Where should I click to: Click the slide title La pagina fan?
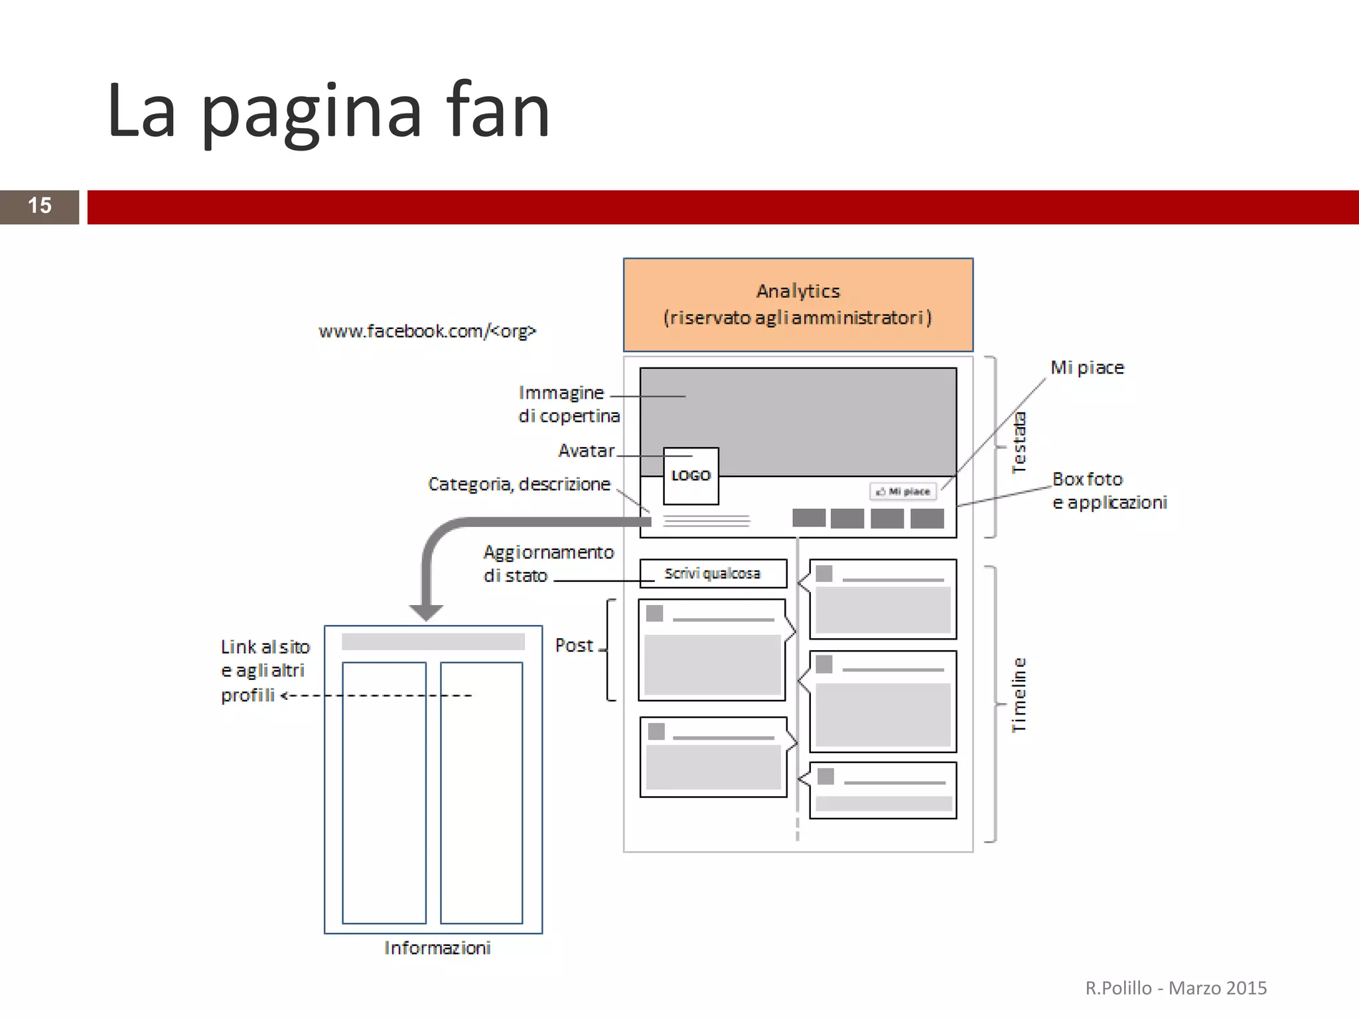pyautogui.click(x=328, y=111)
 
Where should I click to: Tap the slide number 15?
pyautogui.click(x=39, y=206)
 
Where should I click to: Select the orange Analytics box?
pyautogui.click(x=798, y=305)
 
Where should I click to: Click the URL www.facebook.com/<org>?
pyautogui.click(x=427, y=331)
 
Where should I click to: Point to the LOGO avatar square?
pyautogui.click(x=691, y=476)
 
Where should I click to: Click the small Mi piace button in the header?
pyautogui.click(x=903, y=492)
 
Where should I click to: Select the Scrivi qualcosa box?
pyautogui.click(x=713, y=574)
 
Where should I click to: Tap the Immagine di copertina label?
pyautogui.click(x=569, y=404)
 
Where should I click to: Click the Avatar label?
pyautogui.click(x=587, y=451)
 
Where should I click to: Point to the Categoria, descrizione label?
pyautogui.click(x=519, y=484)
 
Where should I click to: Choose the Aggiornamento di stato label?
pyautogui.click(x=548, y=564)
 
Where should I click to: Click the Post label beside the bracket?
pyautogui.click(x=574, y=645)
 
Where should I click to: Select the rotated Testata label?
pyautogui.click(x=1019, y=442)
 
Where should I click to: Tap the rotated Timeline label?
pyautogui.click(x=1019, y=695)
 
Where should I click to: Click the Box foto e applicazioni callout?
pyautogui.click(x=1109, y=491)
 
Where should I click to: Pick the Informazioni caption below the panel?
pyautogui.click(x=437, y=948)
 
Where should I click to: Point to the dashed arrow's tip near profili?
pyautogui.click(x=284, y=696)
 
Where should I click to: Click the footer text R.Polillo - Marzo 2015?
pyautogui.click(x=1176, y=988)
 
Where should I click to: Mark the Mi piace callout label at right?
pyautogui.click(x=1087, y=368)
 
